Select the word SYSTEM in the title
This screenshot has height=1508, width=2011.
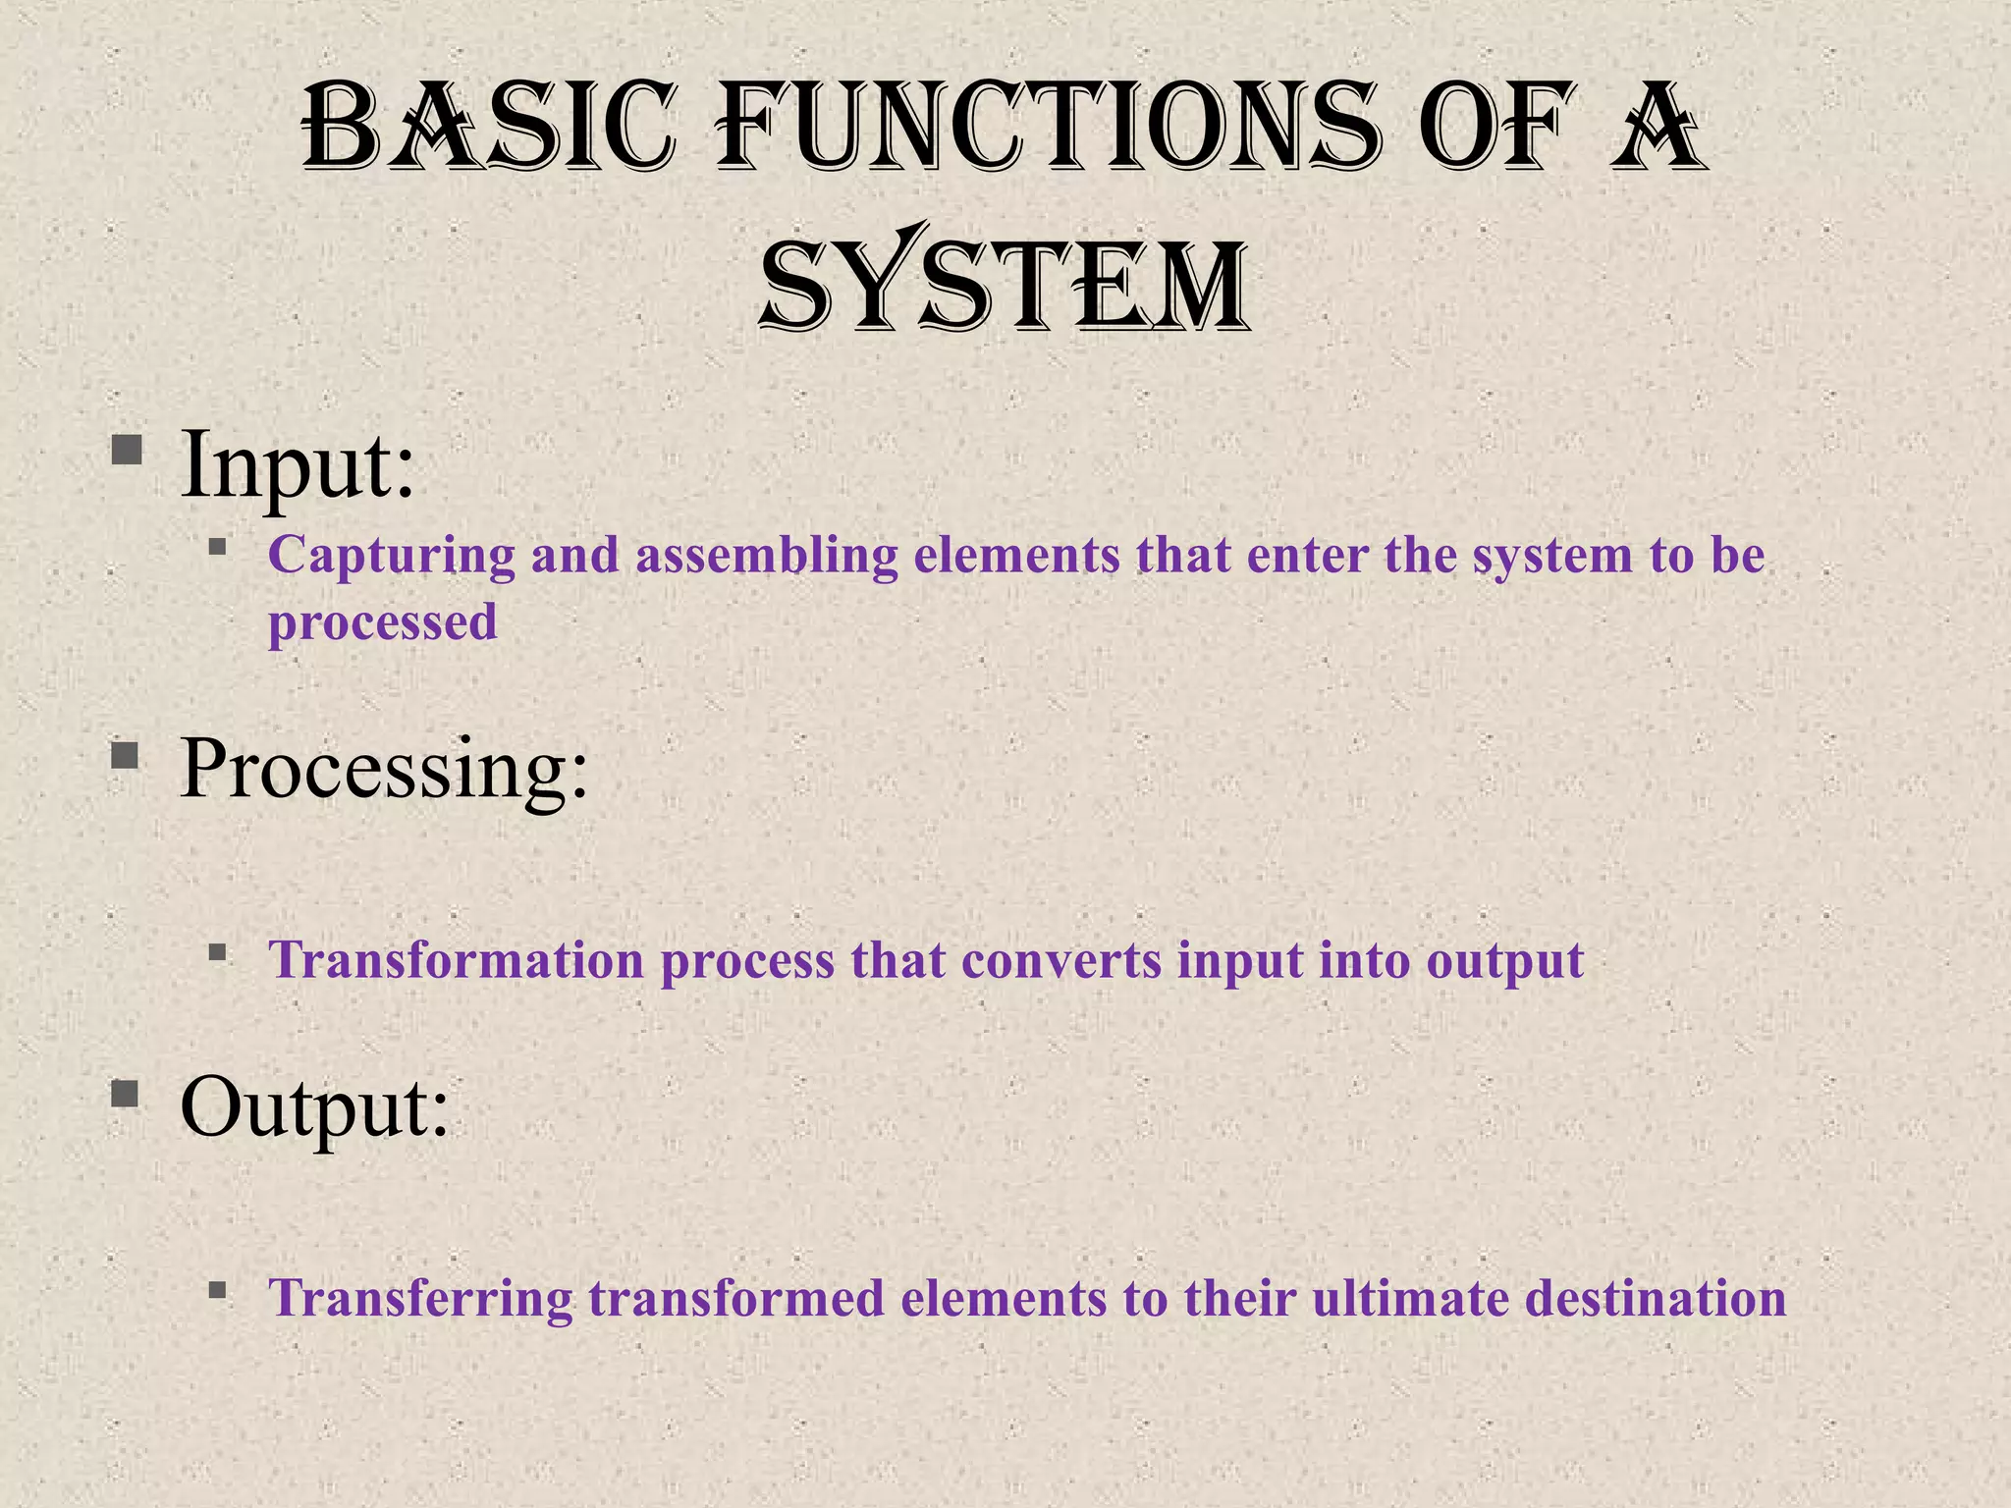1004,285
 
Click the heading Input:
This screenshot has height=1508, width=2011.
298,463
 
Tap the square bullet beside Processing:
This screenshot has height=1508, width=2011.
126,756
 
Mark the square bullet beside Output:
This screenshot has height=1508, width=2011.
126,1094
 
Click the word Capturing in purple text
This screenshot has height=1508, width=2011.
391,556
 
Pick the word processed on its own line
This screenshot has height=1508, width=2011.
382,622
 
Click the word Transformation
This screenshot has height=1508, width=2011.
457,960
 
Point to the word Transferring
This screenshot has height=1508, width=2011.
420,1298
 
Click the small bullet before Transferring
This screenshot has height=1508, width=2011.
218,1288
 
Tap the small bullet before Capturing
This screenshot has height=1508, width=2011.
218,546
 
